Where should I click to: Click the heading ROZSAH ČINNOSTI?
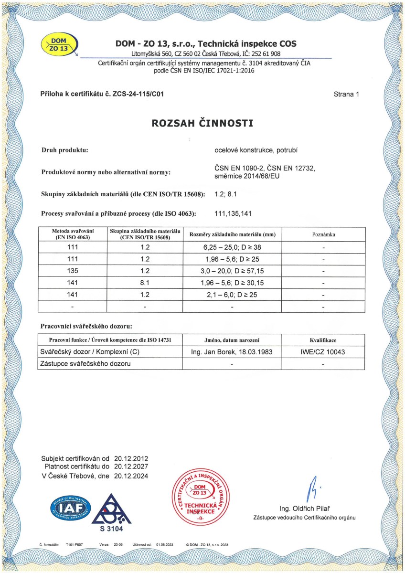[202, 123]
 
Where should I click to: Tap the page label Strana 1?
[346, 94]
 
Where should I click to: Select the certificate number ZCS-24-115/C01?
[140, 94]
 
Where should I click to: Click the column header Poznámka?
[324, 235]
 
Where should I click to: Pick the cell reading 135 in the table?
[73, 271]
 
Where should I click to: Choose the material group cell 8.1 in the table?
[145, 283]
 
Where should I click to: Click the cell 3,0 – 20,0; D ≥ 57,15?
[232, 271]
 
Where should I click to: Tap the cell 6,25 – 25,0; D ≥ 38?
[232, 248]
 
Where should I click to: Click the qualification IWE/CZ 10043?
[324, 352]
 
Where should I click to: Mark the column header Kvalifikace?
[324, 340]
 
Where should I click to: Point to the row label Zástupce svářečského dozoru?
[86, 364]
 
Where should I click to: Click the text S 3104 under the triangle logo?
[111, 529]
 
